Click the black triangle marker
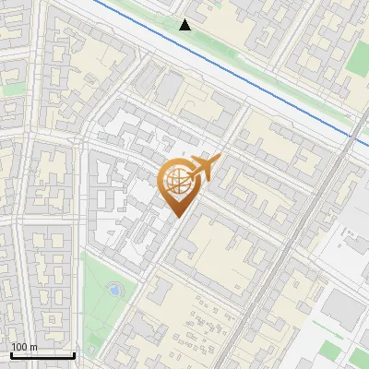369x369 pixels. [185, 25]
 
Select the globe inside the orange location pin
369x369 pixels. [176, 181]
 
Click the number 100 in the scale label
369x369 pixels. [19, 348]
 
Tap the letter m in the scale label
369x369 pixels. [34, 348]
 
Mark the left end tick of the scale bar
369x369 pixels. [11, 354]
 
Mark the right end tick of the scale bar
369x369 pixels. [74, 354]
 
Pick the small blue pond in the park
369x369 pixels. [113, 290]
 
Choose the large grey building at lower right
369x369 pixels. [342, 308]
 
